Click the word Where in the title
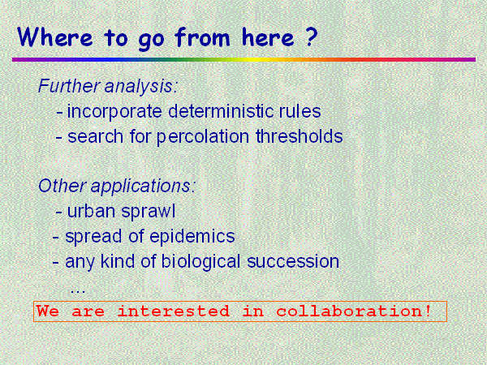click(x=55, y=37)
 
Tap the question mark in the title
click(x=310, y=36)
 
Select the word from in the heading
click(x=202, y=36)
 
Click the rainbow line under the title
click(x=243, y=59)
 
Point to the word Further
click(x=69, y=86)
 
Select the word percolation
click(x=202, y=137)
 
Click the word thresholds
click(x=299, y=136)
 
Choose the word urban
click(x=91, y=211)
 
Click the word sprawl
click(x=149, y=212)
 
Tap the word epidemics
click(x=192, y=236)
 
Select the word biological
click(x=200, y=262)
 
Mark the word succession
click(x=293, y=261)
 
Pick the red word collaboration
click(x=350, y=311)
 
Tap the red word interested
click(x=174, y=311)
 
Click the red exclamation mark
click(x=428, y=311)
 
